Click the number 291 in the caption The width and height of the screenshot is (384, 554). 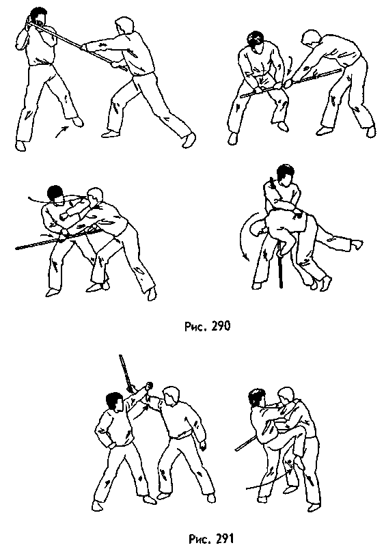(221, 540)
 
